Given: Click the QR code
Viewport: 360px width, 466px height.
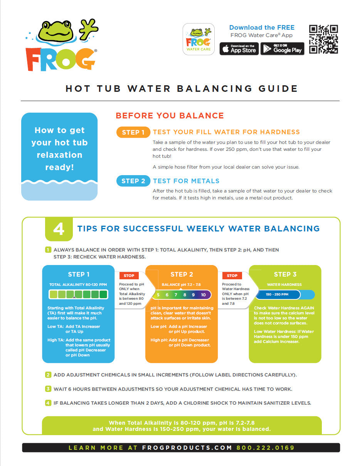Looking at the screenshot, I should (x=323, y=39).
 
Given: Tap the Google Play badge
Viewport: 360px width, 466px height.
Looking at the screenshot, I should (x=282, y=49).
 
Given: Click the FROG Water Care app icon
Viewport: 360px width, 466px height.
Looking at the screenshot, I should (x=198, y=39).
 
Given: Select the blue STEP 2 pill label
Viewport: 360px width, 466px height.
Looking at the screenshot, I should (x=133, y=181).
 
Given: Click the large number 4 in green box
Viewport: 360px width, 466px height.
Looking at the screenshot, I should (x=59, y=230).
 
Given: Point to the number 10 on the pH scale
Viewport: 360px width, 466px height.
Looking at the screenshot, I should (x=203, y=295).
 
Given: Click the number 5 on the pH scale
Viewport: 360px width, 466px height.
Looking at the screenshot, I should (x=158, y=295).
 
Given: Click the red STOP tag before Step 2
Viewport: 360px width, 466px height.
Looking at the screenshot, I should (x=129, y=275).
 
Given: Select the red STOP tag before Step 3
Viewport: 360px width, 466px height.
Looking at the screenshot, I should (x=232, y=275).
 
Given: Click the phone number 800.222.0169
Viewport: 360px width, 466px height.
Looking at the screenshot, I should (x=265, y=448).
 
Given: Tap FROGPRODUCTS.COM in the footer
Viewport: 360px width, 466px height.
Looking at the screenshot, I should (x=187, y=448).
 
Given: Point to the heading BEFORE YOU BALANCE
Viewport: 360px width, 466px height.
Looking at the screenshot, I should (x=170, y=116).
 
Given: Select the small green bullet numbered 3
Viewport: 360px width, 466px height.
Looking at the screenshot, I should (x=48, y=389).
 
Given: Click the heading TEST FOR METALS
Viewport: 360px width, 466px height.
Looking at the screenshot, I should (x=186, y=181).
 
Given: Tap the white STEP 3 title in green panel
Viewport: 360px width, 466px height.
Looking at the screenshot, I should (x=285, y=274).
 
